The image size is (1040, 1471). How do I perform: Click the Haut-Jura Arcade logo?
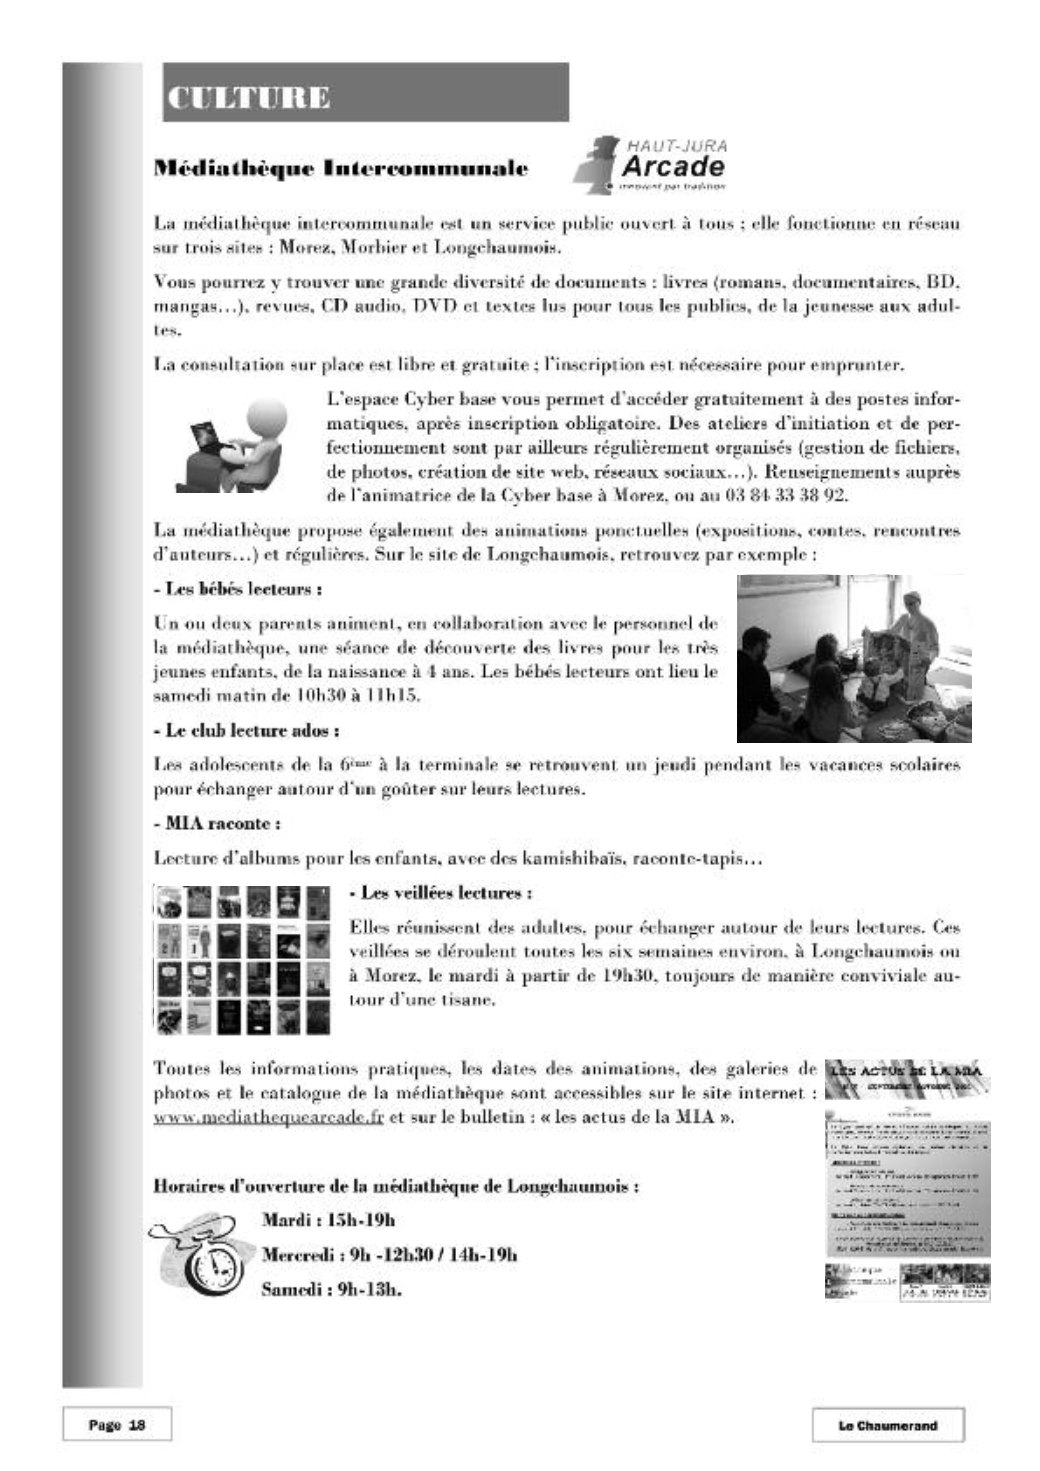pyautogui.click(x=651, y=164)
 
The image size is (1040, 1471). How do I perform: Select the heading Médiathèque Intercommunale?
pyautogui.click(x=340, y=168)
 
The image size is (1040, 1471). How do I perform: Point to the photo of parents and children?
pyautogui.click(x=854, y=658)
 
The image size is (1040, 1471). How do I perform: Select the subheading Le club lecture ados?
pyautogui.click(x=246, y=731)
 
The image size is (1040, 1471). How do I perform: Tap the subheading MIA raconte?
pyautogui.click(x=217, y=824)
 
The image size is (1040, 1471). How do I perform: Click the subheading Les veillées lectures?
pyautogui.click(x=441, y=892)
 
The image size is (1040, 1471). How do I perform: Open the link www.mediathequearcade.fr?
pyautogui.click(x=268, y=1117)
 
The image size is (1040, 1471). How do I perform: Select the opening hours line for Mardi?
pyautogui.click(x=328, y=1220)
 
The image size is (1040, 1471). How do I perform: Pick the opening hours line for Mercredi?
pyautogui.click(x=389, y=1255)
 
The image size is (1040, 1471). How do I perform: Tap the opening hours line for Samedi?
pyautogui.click(x=331, y=1289)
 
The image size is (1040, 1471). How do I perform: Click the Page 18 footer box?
pyautogui.click(x=117, y=1425)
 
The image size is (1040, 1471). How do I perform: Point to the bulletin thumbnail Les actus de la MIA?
pyautogui.click(x=907, y=1180)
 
